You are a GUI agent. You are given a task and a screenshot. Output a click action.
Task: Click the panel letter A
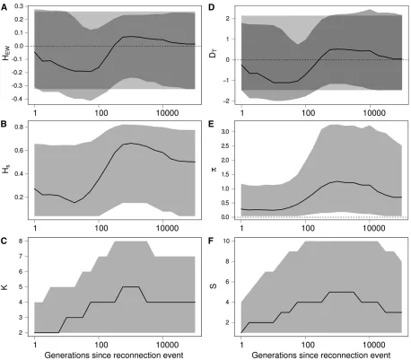pyautogui.click(x=4, y=7)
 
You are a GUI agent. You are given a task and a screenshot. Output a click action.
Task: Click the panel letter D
pyautogui.click(x=211, y=7)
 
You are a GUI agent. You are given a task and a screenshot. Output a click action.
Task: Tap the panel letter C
pyautogui.click(x=4, y=241)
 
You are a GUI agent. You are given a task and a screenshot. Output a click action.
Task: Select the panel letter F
pyautogui.click(x=211, y=241)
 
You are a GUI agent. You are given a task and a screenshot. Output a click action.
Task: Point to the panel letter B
pyautogui.click(x=4, y=124)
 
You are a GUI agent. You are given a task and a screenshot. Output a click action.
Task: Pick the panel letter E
pyautogui.click(x=211, y=124)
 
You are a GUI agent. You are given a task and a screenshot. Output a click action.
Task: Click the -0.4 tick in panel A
pyautogui.click(x=18, y=99)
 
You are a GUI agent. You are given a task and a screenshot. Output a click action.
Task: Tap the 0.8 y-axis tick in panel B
pyautogui.click(x=19, y=127)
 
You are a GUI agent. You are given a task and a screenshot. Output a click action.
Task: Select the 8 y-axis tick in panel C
pyautogui.click(x=21, y=241)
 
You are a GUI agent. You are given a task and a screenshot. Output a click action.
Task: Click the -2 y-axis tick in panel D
pyautogui.click(x=226, y=101)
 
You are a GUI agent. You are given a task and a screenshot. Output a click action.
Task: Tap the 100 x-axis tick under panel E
pyautogui.click(x=308, y=228)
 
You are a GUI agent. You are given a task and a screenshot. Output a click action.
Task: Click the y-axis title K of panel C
pyautogui.click(x=4, y=287)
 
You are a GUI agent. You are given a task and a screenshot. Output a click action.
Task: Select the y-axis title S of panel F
pyautogui.click(x=214, y=286)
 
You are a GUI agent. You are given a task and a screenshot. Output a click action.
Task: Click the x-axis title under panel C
pyautogui.click(x=114, y=356)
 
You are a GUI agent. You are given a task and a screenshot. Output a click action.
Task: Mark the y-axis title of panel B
pyautogui.click(x=5, y=171)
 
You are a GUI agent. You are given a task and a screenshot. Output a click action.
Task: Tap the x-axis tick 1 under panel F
pyautogui.click(x=241, y=345)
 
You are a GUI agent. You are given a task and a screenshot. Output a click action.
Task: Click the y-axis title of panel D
pyautogui.click(x=213, y=54)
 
